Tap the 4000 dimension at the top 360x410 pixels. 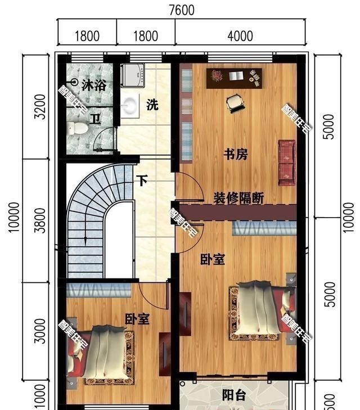pos(240,37)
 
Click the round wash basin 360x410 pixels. pos(130,106)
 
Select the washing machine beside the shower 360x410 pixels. pos(133,74)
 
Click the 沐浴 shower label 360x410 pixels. pos(93,85)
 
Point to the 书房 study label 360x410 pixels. pos(235,154)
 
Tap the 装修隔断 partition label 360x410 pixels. pos(238,198)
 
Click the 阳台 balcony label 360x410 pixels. pos(233,395)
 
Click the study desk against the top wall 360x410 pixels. pos(235,78)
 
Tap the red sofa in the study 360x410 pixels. pos(287,162)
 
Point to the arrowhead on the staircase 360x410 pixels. pos(84,240)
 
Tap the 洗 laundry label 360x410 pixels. pos(152,105)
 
